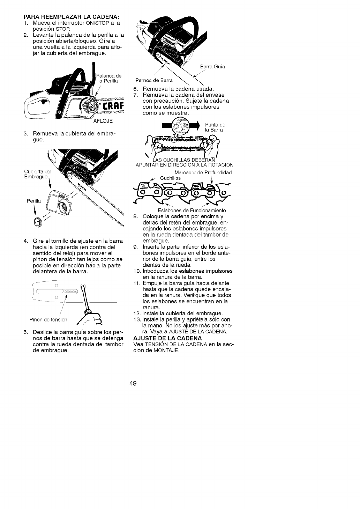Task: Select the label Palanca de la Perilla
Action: (x=109, y=79)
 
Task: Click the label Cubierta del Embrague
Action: (x=38, y=174)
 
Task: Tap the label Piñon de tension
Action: (x=48, y=320)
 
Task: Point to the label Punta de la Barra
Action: (x=215, y=127)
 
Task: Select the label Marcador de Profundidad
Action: (x=203, y=172)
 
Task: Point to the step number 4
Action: (x=25, y=241)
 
